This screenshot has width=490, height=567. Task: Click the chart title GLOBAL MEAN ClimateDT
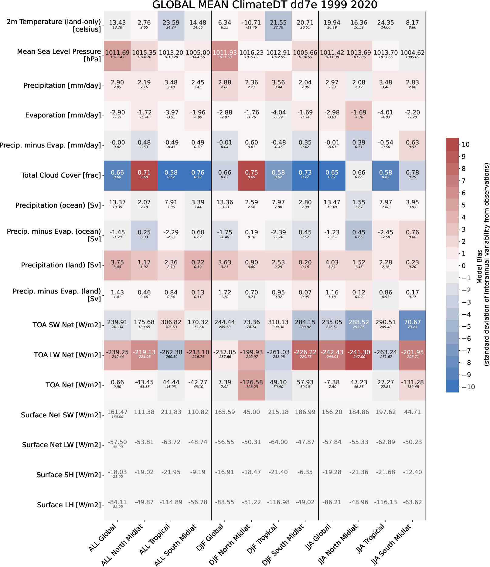click(x=264, y=5)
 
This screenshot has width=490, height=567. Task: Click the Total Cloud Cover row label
click(x=61, y=175)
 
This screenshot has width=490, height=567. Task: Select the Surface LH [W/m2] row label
click(x=69, y=505)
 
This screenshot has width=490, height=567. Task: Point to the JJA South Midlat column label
click(x=392, y=545)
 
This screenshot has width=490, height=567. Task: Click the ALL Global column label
click(x=103, y=538)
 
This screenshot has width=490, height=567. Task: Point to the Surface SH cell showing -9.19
click(x=198, y=472)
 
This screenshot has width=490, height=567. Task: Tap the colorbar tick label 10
click(x=466, y=144)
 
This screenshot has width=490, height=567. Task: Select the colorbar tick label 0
click(x=464, y=266)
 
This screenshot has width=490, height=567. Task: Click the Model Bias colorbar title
click(x=483, y=264)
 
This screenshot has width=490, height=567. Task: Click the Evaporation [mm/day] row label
click(x=63, y=115)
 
